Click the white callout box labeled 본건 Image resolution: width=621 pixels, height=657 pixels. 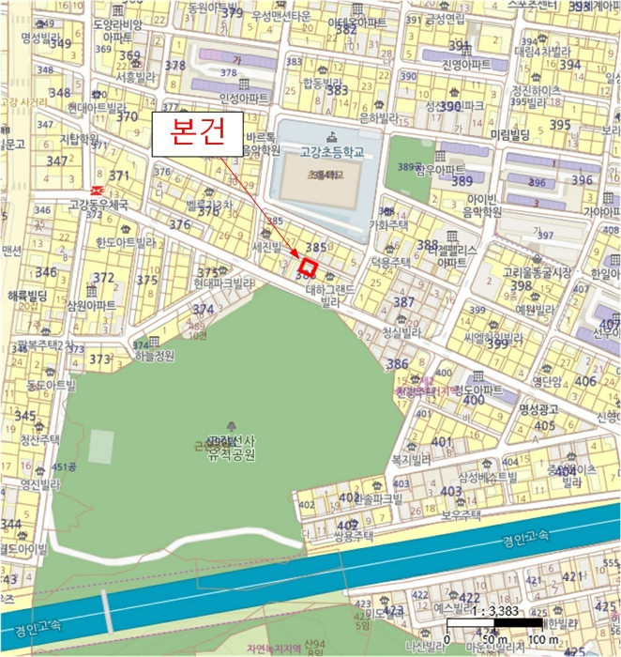click(x=200, y=133)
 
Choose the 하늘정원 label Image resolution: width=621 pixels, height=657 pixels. click(x=155, y=356)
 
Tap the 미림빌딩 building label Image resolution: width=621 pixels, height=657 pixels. click(x=509, y=136)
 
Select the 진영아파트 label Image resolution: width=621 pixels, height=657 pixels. click(x=466, y=64)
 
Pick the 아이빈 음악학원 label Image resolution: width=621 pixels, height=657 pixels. click(x=478, y=206)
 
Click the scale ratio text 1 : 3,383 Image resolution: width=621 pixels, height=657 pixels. click(x=506, y=608)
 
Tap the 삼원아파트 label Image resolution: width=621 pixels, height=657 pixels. click(x=91, y=306)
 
